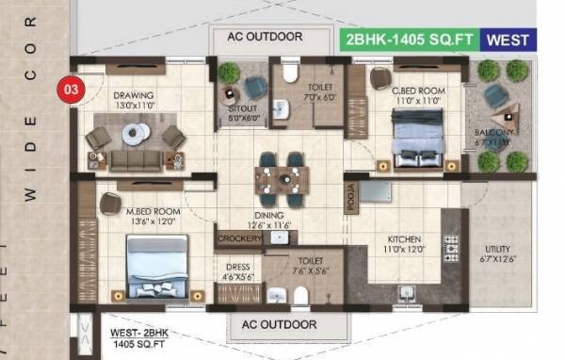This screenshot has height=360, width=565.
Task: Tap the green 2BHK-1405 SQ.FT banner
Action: point(408,40)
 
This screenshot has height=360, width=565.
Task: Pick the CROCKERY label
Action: point(238,239)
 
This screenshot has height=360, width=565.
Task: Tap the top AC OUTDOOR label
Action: point(265,37)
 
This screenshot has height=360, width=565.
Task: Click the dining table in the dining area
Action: point(281,176)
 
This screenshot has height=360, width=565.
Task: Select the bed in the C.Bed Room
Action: point(419,136)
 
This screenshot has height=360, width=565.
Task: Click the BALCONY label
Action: point(494,134)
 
